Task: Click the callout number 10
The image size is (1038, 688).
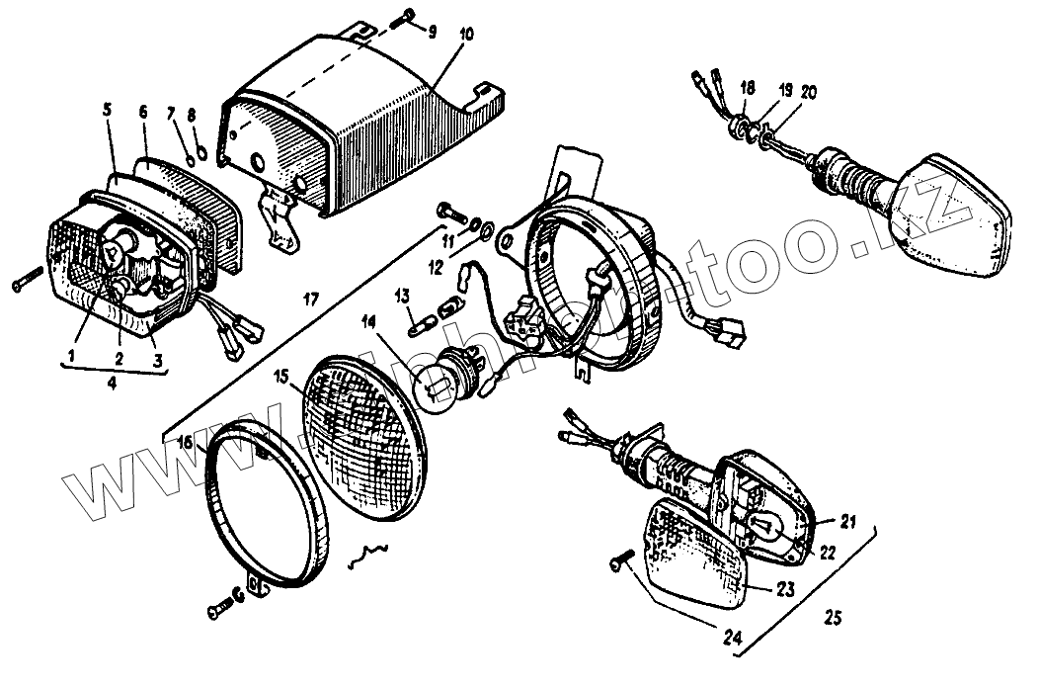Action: (467, 35)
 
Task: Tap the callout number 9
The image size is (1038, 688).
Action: (432, 29)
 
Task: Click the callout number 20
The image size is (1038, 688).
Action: (809, 91)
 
